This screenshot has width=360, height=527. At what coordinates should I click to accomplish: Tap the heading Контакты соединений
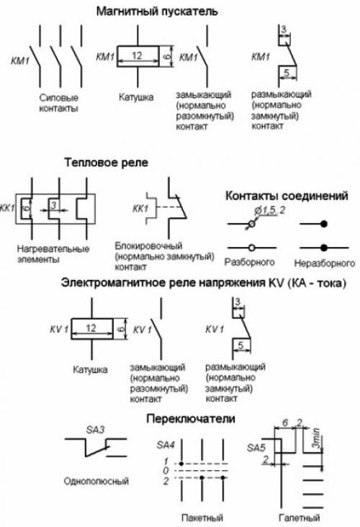(x=287, y=195)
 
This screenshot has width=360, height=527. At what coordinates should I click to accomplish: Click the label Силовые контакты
(x=58, y=102)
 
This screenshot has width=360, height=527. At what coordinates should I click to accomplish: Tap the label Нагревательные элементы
(x=52, y=254)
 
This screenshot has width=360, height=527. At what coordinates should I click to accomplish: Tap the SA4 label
(x=166, y=445)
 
